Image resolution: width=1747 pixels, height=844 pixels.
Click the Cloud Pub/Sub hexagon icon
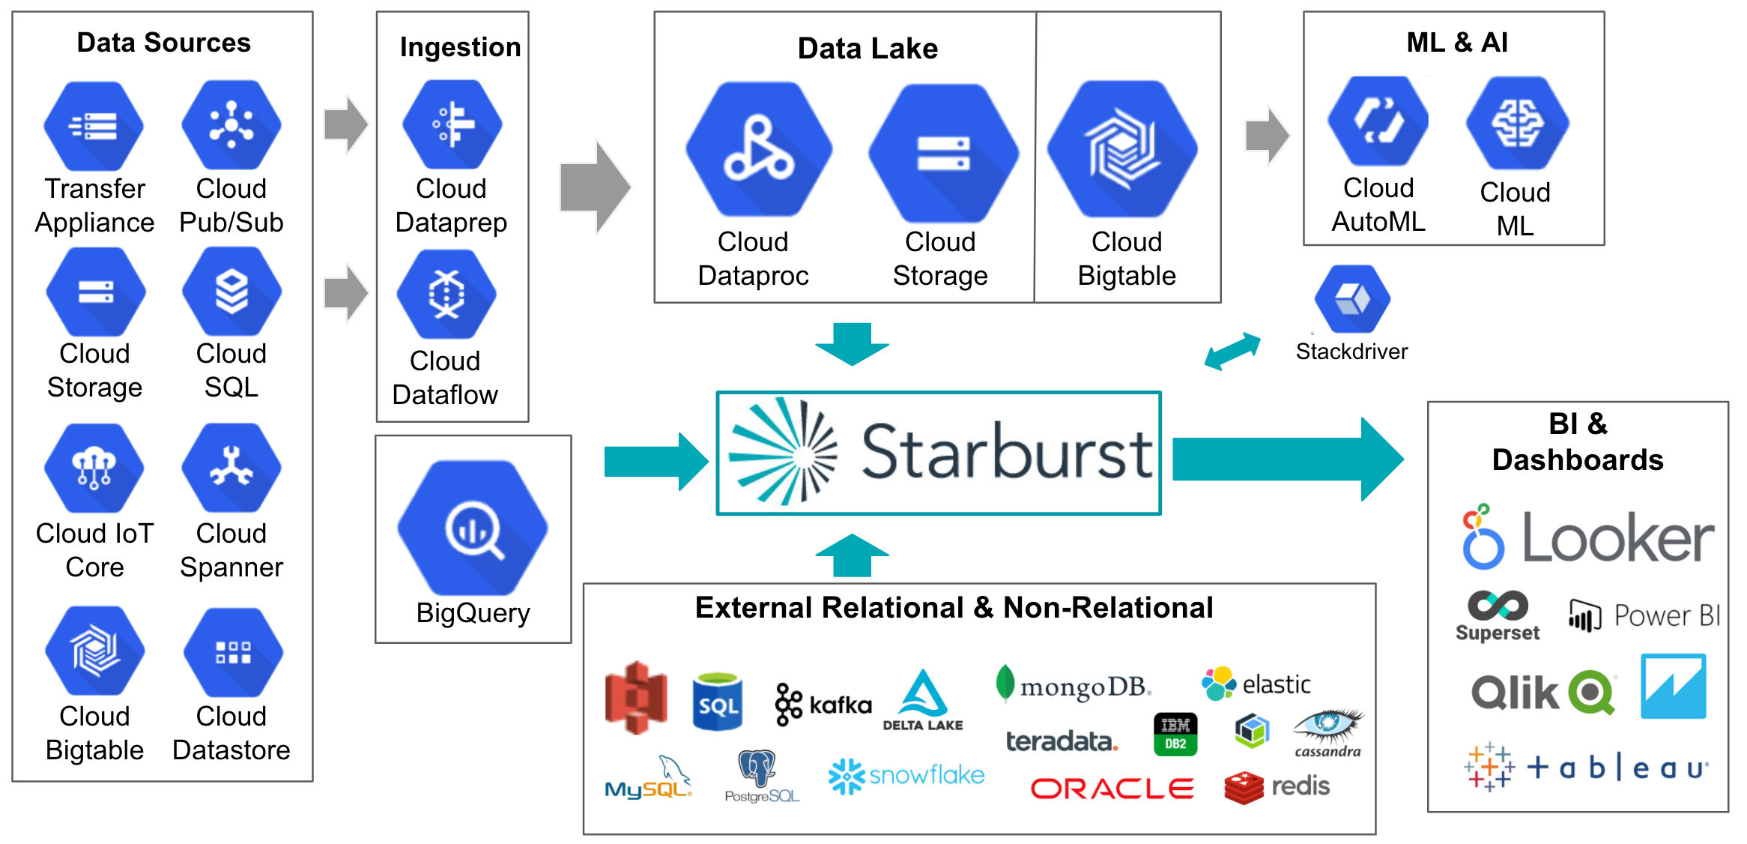231,125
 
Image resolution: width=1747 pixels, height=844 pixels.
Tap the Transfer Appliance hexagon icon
94,125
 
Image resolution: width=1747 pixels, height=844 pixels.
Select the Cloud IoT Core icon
94,468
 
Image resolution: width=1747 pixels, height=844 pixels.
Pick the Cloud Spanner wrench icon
231,468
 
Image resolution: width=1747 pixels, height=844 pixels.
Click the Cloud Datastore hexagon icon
233,652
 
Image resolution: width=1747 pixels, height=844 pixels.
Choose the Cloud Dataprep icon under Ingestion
452,125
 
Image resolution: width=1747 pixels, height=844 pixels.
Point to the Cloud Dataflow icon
446,295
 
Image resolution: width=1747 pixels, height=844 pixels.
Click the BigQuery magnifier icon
473,528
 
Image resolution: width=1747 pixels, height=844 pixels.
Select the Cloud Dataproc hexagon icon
759,150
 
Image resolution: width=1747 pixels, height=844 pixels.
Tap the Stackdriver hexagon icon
1352,299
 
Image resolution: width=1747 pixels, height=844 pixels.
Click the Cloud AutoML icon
1378,121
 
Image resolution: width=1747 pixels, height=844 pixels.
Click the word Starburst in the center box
1008,452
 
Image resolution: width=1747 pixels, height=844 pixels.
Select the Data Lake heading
868,49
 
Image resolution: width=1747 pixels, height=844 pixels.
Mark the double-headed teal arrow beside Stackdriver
1232,351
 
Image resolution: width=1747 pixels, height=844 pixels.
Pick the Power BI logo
1644,616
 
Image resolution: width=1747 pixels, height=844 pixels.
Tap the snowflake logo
906,776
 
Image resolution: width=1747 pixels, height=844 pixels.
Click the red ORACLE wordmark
1112,789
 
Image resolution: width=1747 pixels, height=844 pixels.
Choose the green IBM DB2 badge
1175,734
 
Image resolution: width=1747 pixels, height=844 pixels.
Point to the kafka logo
823,705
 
